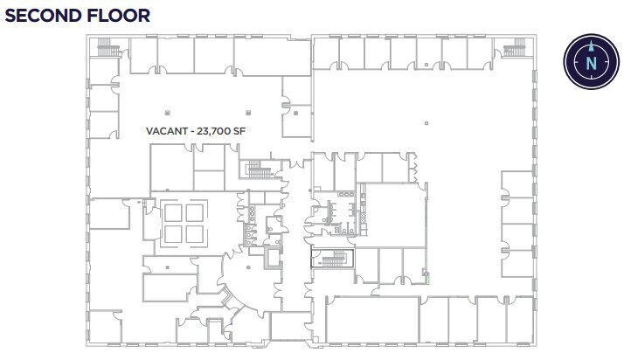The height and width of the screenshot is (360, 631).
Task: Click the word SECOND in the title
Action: [44, 16]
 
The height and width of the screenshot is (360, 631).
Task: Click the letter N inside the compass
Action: [592, 63]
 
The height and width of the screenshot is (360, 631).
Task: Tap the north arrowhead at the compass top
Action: [592, 43]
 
